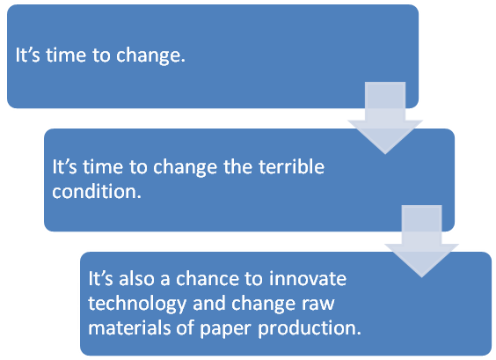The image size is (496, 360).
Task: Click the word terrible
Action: [x=292, y=167]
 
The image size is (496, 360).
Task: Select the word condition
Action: [x=97, y=192]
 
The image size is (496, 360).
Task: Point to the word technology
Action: [x=137, y=304]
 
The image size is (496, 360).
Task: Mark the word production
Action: [x=310, y=327]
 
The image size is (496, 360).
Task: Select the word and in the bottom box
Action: [x=209, y=304]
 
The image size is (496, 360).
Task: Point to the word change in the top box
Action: [x=150, y=56]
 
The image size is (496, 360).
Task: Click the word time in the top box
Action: [x=66, y=55]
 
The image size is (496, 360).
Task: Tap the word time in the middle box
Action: [x=103, y=167]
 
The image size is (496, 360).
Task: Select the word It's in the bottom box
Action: [x=100, y=279]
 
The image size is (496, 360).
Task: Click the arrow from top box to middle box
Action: [x=385, y=118]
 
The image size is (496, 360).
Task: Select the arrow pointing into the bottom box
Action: [x=421, y=241]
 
